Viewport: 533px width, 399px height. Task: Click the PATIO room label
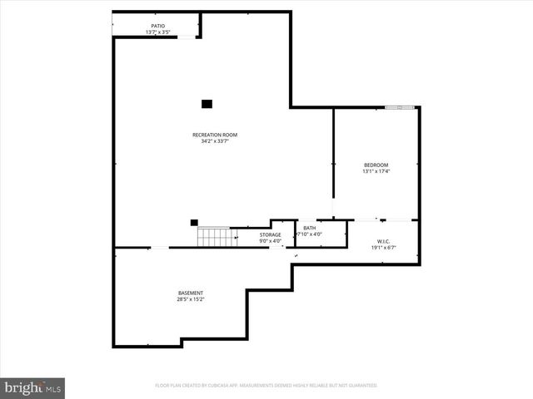click(157, 26)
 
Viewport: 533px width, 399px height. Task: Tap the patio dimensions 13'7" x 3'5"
click(157, 32)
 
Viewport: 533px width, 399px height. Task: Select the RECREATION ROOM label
click(215, 135)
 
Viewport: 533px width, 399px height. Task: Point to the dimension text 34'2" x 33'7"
click(215, 141)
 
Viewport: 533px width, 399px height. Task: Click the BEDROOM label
click(376, 165)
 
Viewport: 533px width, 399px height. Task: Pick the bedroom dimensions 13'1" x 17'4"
click(376, 171)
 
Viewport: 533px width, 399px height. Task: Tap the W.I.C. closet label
click(383, 240)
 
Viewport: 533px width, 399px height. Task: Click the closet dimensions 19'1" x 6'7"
click(383, 247)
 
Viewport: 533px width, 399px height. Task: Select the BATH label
click(310, 228)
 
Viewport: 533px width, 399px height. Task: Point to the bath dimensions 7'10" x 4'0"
click(310, 234)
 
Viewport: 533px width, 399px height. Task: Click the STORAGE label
click(270, 234)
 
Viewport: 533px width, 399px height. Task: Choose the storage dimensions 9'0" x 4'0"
click(270, 241)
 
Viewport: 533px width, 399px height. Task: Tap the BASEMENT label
click(190, 293)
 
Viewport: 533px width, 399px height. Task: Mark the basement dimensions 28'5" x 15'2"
click(190, 299)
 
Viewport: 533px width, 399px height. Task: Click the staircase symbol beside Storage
click(212, 237)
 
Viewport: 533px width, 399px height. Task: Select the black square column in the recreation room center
click(207, 104)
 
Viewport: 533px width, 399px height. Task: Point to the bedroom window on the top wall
click(400, 106)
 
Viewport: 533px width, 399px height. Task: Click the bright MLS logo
click(33, 387)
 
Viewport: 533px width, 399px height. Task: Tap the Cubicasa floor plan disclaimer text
click(266, 386)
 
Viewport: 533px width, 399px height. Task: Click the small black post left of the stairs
click(194, 222)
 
